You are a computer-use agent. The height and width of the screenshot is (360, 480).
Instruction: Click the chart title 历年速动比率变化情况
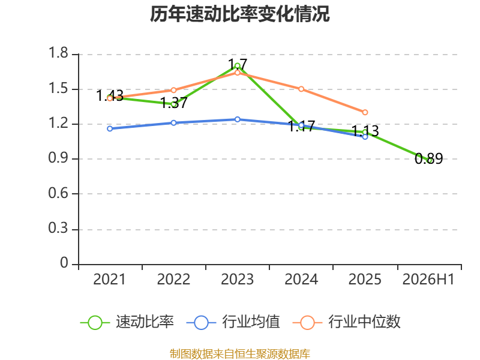coord(239,14)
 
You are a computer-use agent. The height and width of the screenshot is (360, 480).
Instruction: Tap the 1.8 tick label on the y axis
coord(58,53)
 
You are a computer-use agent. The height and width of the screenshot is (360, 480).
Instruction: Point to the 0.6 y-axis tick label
coord(58,193)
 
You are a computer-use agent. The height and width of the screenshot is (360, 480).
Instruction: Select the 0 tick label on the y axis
coord(64,263)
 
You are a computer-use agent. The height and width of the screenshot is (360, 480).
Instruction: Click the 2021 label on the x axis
coord(109,280)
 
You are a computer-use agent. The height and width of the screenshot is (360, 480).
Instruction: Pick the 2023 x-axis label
coord(237,280)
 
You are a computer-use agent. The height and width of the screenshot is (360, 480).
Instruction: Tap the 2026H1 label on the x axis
coord(428,280)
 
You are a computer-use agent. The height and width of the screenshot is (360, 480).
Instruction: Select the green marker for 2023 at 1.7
coord(237,65)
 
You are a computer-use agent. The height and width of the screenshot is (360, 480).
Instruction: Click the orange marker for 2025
coord(365,112)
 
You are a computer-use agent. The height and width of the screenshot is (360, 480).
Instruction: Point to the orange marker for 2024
coord(301,89)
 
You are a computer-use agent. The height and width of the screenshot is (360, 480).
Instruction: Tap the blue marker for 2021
coord(110,129)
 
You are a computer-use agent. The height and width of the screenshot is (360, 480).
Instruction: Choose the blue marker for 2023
coord(237,119)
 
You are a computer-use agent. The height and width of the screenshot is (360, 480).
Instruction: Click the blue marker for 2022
coord(173,123)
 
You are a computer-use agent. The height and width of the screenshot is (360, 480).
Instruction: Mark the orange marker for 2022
coord(173,91)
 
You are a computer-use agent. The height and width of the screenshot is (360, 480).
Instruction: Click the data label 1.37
coord(173,103)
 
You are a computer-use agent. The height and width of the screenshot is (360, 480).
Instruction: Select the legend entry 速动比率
coord(127,322)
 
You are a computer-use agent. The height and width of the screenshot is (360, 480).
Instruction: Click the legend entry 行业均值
coord(233,322)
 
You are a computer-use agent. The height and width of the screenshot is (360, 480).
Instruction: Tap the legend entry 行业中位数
coord(347,322)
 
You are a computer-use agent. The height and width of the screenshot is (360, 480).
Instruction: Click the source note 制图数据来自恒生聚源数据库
coord(239,354)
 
